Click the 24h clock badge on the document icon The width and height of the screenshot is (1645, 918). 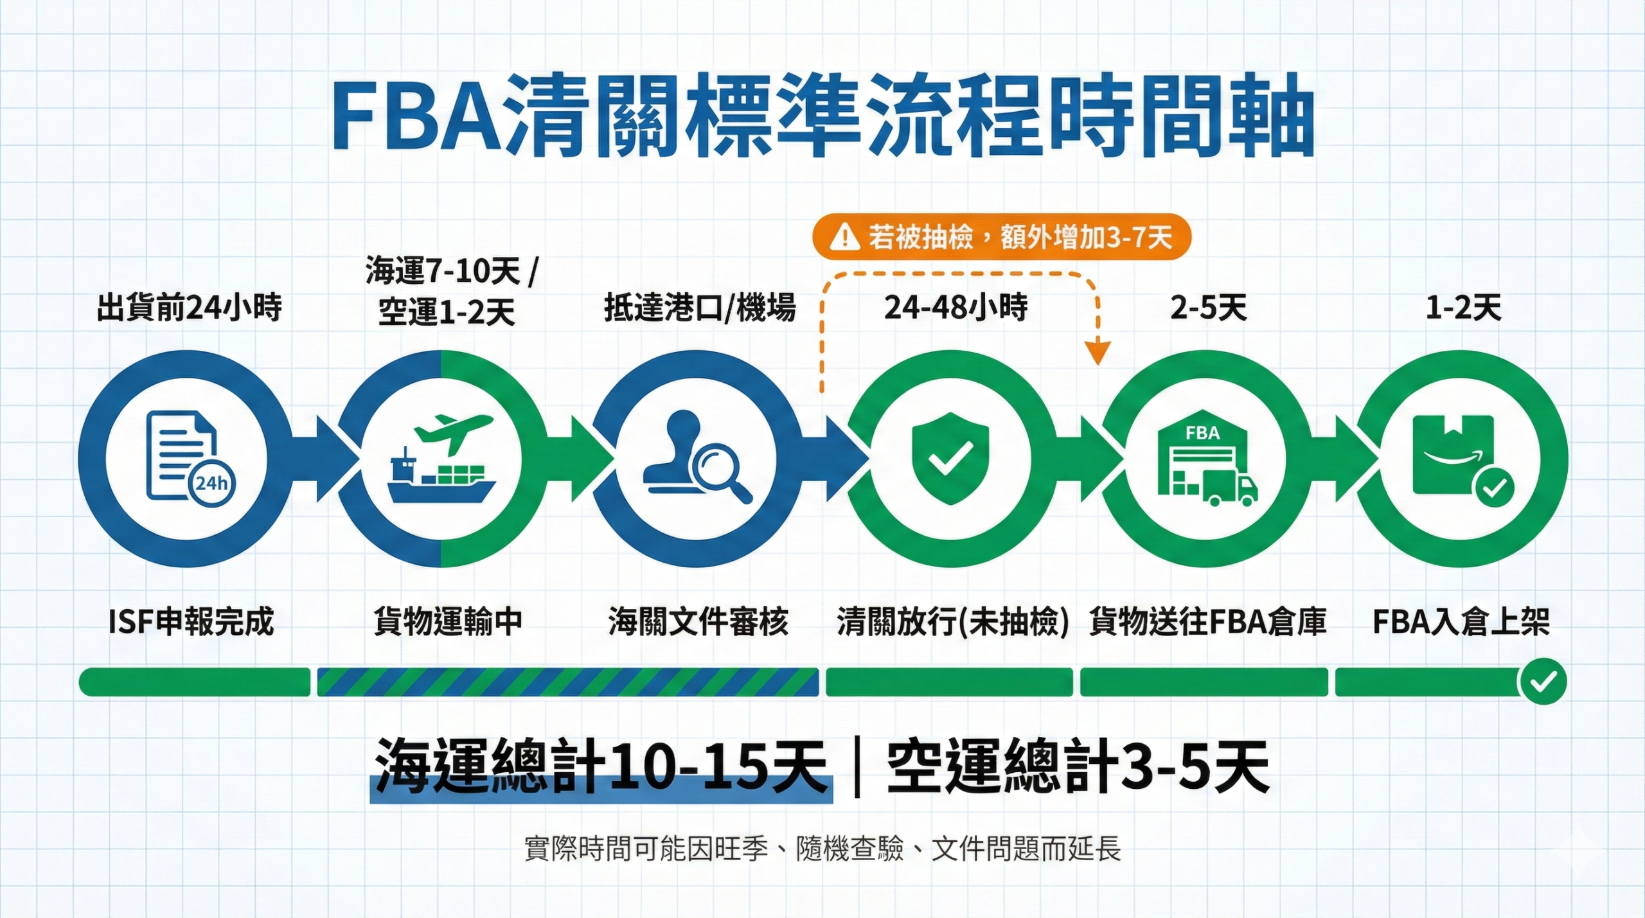pyautogui.click(x=211, y=483)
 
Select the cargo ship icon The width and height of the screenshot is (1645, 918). pyautogui.click(x=441, y=482)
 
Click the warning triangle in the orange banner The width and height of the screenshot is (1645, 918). pyautogui.click(x=844, y=237)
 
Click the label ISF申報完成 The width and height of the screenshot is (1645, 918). pyautogui.click(x=191, y=622)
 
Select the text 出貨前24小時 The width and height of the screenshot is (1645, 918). pyautogui.click(x=189, y=308)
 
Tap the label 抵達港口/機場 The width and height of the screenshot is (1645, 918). pyautogui.click(x=700, y=308)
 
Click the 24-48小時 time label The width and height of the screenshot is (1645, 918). pyautogui.click(x=956, y=308)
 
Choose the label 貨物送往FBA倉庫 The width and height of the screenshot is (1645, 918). pyautogui.click(x=1207, y=622)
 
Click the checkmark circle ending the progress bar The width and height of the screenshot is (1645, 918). pyautogui.click(x=1542, y=682)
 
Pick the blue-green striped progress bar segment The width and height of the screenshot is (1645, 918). pyautogui.click(x=567, y=682)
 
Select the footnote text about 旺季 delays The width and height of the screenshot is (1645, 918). pyautogui.click(x=822, y=849)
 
